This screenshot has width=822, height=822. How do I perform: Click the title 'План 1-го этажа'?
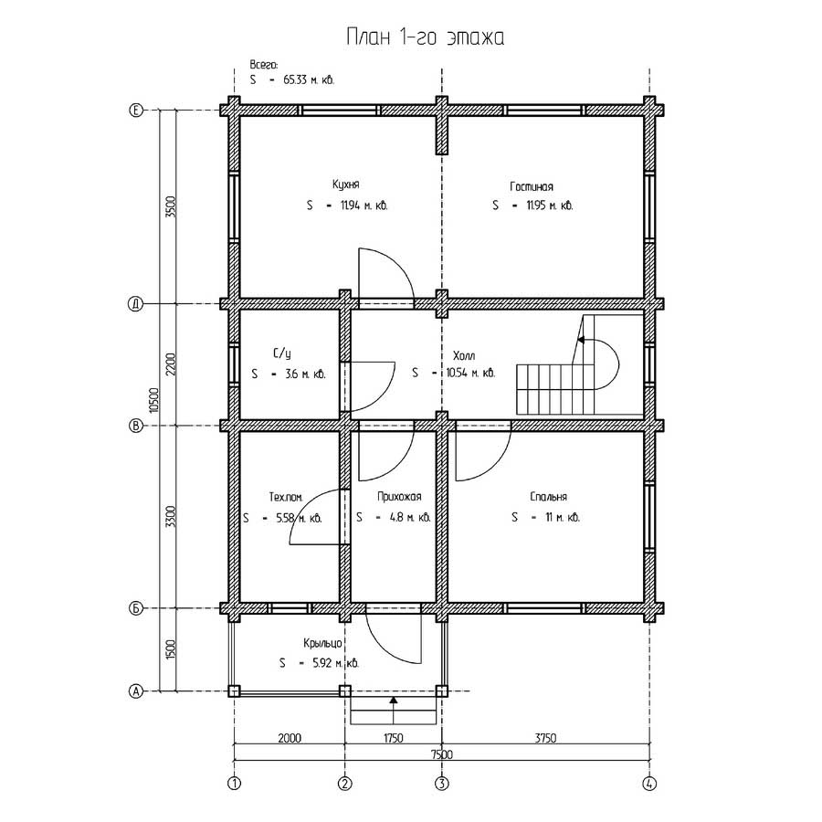click(x=425, y=37)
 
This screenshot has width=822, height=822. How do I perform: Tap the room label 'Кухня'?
click(x=346, y=184)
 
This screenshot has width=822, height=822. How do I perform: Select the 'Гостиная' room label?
click(x=532, y=186)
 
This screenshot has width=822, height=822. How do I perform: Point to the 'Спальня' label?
click(x=548, y=497)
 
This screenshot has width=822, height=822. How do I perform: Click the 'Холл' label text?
click(x=464, y=356)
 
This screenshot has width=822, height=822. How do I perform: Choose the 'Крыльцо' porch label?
click(x=323, y=643)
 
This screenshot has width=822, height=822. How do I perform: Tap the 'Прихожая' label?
click(x=399, y=497)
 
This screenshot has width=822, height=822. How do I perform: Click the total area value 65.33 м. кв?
click(x=309, y=80)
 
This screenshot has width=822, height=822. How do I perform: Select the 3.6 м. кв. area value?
click(x=305, y=374)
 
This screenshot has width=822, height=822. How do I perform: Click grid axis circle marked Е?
click(x=136, y=111)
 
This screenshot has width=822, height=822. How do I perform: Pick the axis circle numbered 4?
click(x=649, y=784)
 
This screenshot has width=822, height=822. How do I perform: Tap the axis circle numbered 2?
click(x=345, y=784)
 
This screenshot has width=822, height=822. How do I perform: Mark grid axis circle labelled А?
click(x=136, y=691)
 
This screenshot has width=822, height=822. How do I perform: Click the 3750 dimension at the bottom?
click(x=545, y=738)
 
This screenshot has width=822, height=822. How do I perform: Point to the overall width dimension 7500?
click(x=441, y=754)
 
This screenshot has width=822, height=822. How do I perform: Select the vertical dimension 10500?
click(x=153, y=401)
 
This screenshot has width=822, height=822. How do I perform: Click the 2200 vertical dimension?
click(x=171, y=364)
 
